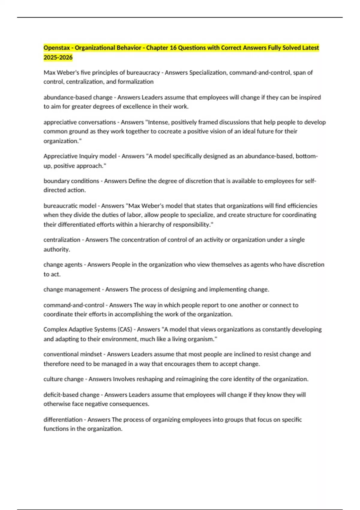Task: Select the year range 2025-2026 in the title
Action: (58, 57)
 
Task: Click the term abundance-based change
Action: (78, 97)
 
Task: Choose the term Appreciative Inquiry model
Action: (80, 156)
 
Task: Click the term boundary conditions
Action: (71, 181)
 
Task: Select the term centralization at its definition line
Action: (62, 240)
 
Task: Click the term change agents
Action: (63, 265)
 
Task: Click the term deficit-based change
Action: (71, 395)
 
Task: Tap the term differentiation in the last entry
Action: (63, 420)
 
